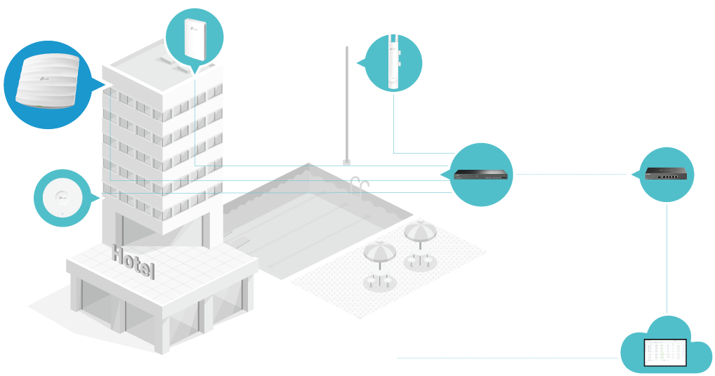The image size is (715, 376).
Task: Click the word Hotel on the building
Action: click(x=133, y=262)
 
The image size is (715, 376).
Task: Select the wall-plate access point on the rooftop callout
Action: click(x=195, y=36)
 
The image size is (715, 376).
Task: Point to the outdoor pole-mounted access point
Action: click(x=394, y=62)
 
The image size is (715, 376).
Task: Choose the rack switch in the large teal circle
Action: click(x=481, y=174)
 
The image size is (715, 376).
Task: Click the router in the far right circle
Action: click(x=667, y=174)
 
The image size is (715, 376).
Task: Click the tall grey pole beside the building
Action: click(x=347, y=105)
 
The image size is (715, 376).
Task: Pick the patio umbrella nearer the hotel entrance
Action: click(x=380, y=256)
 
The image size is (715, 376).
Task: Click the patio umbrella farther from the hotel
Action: click(x=419, y=233)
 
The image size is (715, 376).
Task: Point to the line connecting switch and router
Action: click(x=569, y=174)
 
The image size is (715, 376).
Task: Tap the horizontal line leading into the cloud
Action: click(x=506, y=358)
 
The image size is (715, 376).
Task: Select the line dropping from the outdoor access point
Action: click(x=394, y=123)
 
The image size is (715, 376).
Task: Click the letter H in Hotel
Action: click(x=117, y=255)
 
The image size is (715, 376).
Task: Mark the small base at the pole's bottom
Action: click(x=346, y=163)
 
